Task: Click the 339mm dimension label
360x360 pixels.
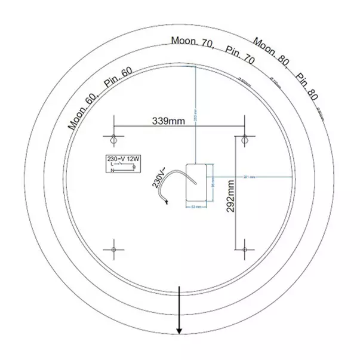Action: [x=168, y=121]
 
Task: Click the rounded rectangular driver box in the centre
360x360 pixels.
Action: [x=196, y=181]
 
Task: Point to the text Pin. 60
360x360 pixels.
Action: [x=118, y=79]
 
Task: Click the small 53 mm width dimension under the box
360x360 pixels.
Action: [x=195, y=207]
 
